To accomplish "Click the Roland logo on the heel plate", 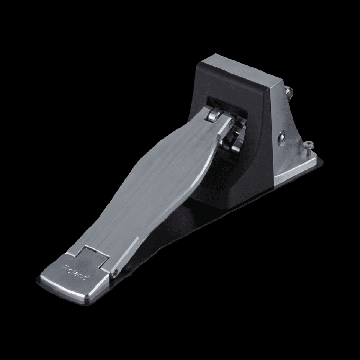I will (76, 273).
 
